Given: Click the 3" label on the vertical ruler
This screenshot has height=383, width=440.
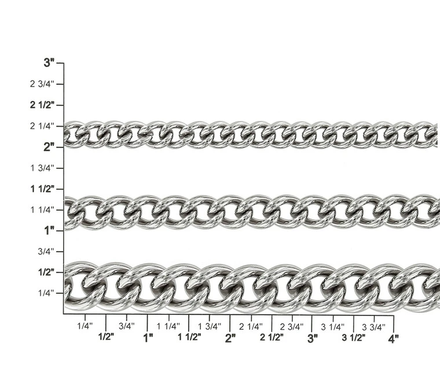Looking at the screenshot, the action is click(49, 62).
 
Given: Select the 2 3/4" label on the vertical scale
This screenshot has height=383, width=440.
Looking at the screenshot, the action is click(42, 84).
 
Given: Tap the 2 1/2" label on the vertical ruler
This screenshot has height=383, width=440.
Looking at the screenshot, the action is click(42, 105).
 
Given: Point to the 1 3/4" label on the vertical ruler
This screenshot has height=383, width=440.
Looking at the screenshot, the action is click(42, 168).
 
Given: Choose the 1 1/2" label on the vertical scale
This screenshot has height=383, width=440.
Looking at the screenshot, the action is click(42, 189).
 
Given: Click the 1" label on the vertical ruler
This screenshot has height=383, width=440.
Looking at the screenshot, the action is click(49, 231).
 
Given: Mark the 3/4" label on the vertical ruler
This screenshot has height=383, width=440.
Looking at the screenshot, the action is click(46, 252).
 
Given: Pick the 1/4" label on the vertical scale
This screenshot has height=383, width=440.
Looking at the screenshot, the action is click(46, 293).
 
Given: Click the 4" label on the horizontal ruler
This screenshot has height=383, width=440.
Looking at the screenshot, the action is click(394, 338).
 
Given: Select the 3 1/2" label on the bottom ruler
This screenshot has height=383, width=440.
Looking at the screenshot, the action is click(354, 337).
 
